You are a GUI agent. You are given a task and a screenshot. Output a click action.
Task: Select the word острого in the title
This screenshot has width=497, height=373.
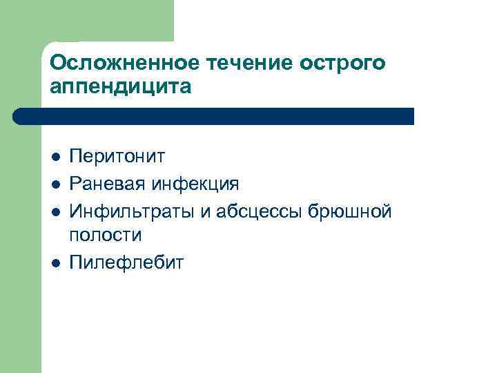pyautogui.click(x=343, y=63)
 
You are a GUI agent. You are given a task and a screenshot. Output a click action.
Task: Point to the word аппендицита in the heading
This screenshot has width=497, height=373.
pyautogui.click(x=119, y=88)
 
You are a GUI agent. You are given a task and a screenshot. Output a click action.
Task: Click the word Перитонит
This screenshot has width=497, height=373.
pyautogui.click(x=118, y=157)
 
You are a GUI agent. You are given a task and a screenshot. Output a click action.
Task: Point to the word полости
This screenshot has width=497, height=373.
pyautogui.click(x=106, y=236)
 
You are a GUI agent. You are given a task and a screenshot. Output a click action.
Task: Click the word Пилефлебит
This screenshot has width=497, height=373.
pyautogui.click(x=127, y=262)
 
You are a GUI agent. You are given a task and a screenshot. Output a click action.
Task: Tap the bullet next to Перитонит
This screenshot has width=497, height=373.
pyautogui.click(x=55, y=157)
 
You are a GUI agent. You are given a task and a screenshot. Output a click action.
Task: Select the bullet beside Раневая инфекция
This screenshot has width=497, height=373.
pyautogui.click(x=55, y=184)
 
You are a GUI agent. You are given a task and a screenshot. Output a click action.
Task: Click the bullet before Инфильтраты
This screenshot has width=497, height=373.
pyautogui.click(x=55, y=210)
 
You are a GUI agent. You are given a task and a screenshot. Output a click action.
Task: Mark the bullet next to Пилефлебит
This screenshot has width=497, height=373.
pyautogui.click(x=55, y=262)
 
